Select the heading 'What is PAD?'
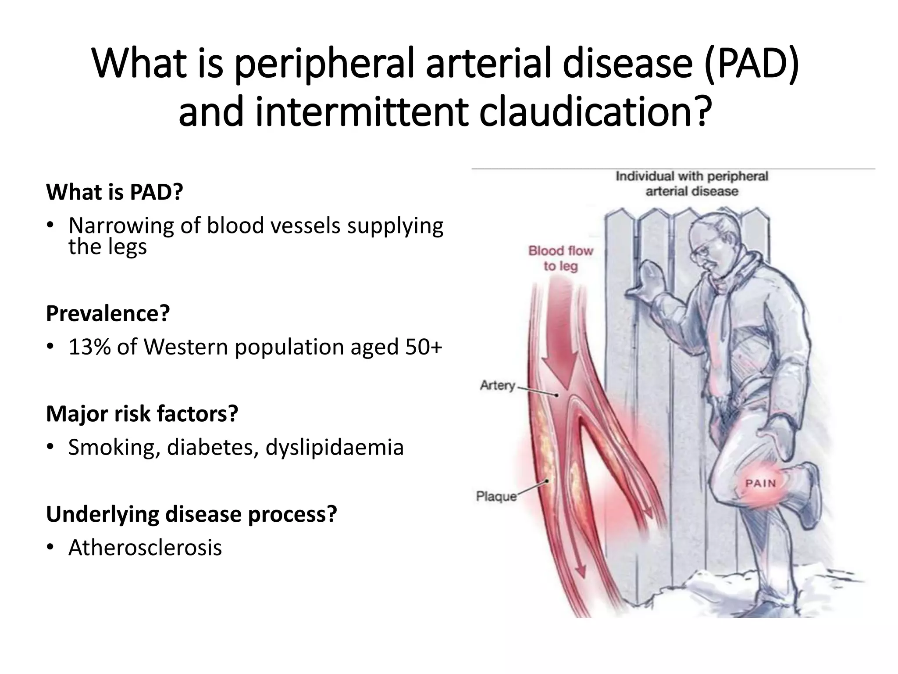point(114,192)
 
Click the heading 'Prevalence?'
point(107,313)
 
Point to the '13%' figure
point(89,347)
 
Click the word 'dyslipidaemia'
point(334,448)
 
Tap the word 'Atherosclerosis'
point(145,548)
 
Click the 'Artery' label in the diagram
point(497,385)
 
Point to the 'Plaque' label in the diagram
point(496,496)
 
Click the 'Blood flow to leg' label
point(560,258)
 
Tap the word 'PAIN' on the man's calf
point(761,483)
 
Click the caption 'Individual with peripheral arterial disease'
point(691,183)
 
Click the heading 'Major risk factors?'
point(142,413)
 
